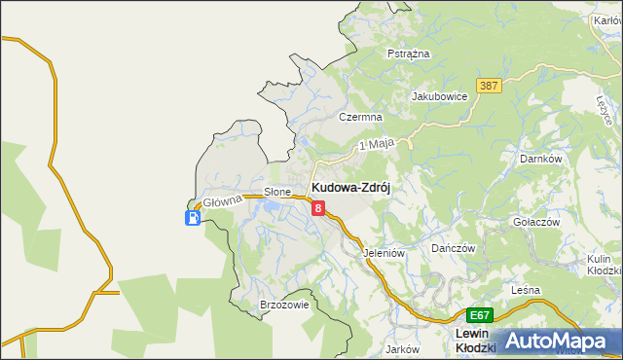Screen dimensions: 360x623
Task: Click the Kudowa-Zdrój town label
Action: [350, 187]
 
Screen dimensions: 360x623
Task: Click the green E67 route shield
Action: [479, 315]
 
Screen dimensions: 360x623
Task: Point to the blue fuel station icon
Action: [193, 218]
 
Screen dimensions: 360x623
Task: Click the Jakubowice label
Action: [440, 96]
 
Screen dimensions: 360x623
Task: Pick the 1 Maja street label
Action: [376, 144]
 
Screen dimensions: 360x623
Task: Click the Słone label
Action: [278, 192]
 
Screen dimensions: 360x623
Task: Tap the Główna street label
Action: [221, 202]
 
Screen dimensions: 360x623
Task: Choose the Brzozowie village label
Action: [284, 305]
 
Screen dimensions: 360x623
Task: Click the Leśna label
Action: [526, 290]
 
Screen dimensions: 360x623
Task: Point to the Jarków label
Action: [401, 348]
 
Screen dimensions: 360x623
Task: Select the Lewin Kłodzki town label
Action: [477, 341]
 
